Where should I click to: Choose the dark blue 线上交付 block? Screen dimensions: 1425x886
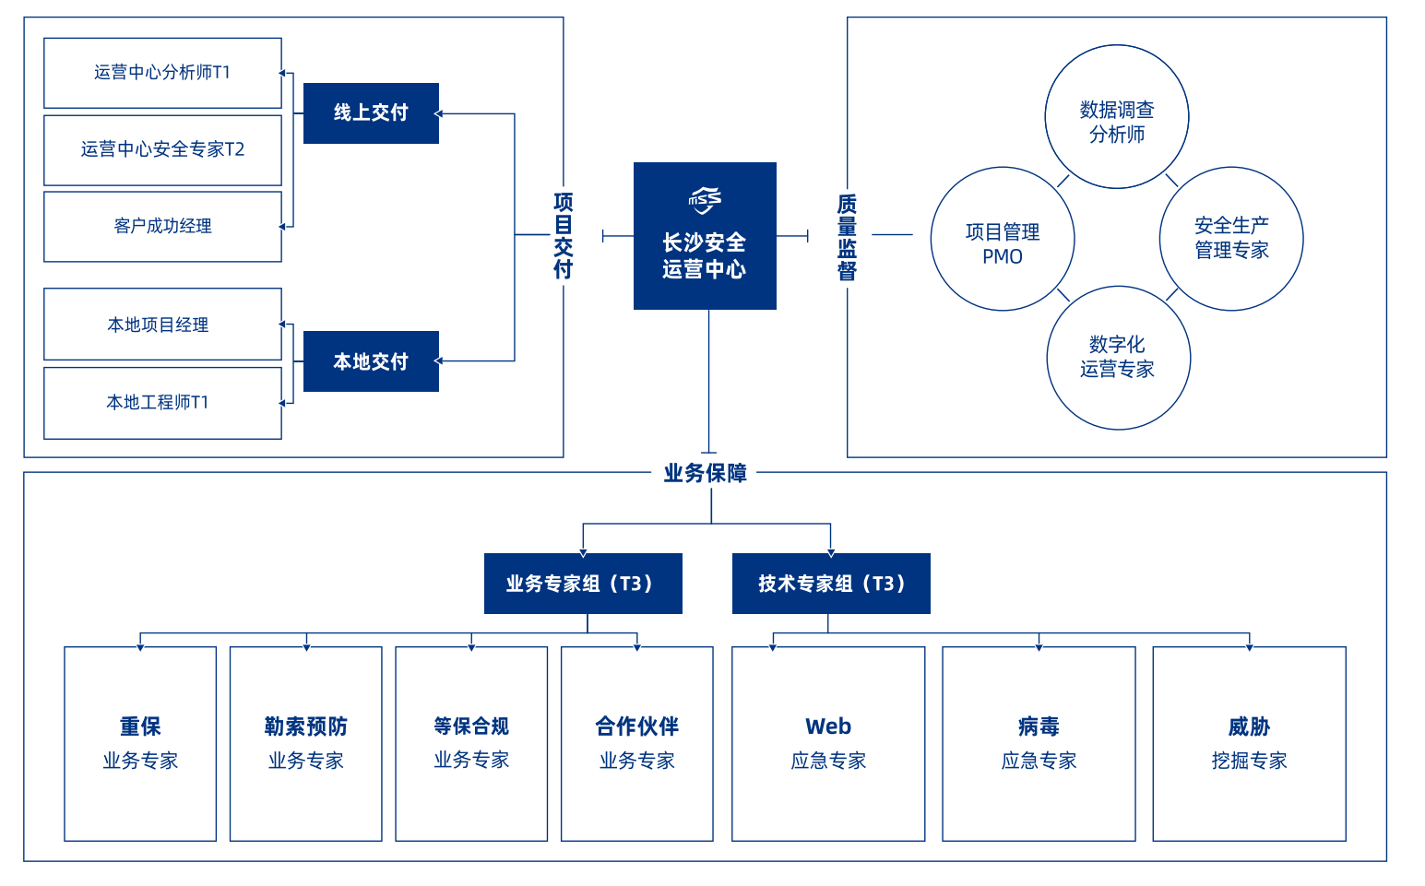(x=371, y=113)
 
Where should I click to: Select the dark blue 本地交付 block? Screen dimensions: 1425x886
(x=371, y=361)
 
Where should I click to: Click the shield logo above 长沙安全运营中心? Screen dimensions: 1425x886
(x=705, y=200)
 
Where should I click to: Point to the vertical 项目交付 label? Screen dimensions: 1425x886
(x=563, y=235)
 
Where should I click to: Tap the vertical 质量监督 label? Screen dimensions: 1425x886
(x=847, y=237)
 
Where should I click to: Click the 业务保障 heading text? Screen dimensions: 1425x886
(x=705, y=473)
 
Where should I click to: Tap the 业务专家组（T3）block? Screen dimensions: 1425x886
(x=583, y=584)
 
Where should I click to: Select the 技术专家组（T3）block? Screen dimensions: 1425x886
(x=831, y=584)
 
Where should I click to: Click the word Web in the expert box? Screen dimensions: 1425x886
(x=828, y=727)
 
